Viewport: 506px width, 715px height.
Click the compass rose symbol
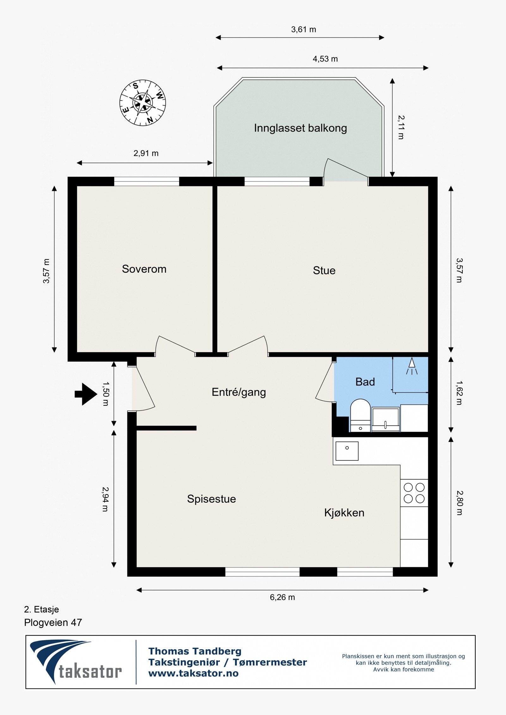pos(143,103)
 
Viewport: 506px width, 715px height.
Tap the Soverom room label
pos(144,269)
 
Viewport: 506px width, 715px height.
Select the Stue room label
pos(324,270)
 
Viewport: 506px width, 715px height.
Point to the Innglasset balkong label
pos(300,128)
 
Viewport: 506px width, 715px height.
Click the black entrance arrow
pos(86,394)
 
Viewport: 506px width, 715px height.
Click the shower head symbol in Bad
pos(411,366)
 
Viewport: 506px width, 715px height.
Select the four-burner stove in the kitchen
pos(414,493)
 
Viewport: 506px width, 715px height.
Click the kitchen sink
pos(347,451)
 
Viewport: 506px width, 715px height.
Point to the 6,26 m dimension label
pos(282,597)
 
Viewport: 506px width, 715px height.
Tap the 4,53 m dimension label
pos(325,59)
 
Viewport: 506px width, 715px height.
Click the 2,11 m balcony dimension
pos(401,127)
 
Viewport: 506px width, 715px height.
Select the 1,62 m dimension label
pos(459,393)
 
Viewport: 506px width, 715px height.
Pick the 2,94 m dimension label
pos(105,499)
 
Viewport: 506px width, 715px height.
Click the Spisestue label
pos(211,499)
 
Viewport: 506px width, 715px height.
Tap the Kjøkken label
pos(344,512)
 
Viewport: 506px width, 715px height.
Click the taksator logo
pos(76,661)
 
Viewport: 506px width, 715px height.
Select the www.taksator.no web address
pos(193,673)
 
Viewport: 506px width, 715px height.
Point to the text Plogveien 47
pos(53,622)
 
